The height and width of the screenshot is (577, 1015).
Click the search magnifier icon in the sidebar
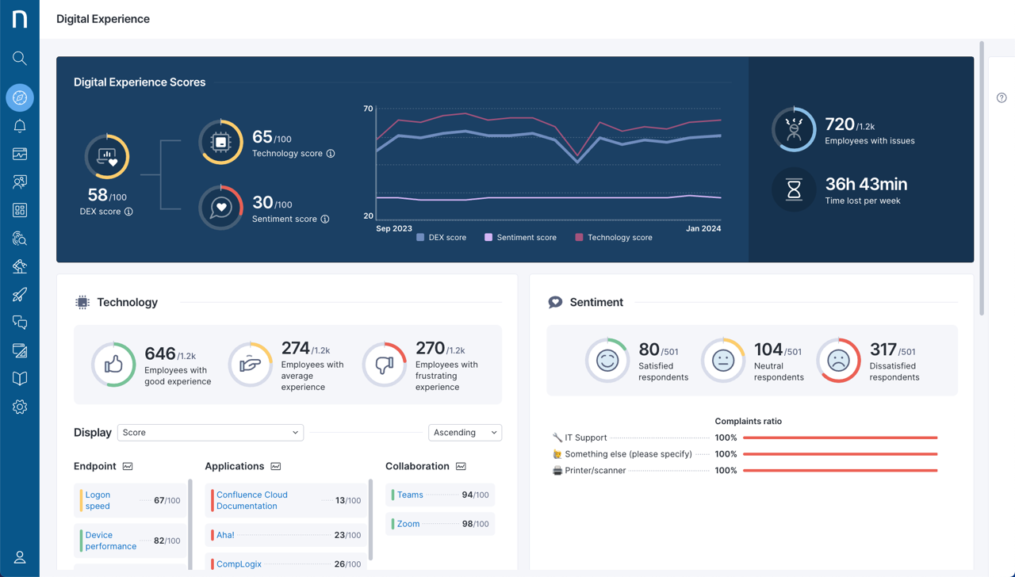[x=20, y=58]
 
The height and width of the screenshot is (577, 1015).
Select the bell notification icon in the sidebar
[x=20, y=126]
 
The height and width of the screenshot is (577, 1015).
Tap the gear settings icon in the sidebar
[x=20, y=407]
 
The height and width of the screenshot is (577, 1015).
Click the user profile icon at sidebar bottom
[x=20, y=557]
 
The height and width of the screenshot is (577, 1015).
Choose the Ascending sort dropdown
[x=465, y=433]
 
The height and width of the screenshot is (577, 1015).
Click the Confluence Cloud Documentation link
[x=251, y=500]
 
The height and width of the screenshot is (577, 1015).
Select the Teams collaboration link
[x=410, y=495]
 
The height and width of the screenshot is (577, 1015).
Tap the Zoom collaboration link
[x=408, y=524]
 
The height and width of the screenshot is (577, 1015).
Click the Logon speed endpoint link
[x=98, y=500]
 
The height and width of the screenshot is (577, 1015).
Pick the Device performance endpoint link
[x=110, y=541]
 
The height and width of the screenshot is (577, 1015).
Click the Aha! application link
[x=225, y=535]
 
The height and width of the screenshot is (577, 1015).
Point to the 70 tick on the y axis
[x=368, y=109]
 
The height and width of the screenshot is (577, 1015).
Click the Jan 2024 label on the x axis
[x=703, y=228]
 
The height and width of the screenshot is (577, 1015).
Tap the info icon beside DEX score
[x=128, y=212]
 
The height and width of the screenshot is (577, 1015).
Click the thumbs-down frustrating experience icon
[x=385, y=365]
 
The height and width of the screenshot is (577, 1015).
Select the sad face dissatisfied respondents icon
[x=838, y=360]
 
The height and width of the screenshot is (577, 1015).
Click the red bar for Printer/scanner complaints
[x=841, y=471]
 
